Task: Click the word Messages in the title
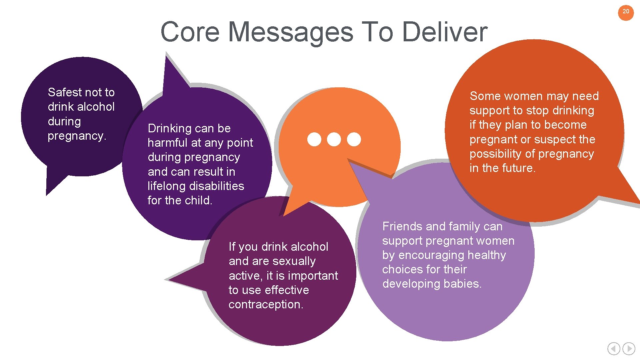tap(290, 32)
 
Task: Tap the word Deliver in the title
tap(445, 32)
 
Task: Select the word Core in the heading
tap(190, 32)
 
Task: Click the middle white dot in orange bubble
tap(334, 139)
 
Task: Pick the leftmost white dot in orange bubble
tap(314, 139)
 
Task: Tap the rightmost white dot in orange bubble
tap(354, 139)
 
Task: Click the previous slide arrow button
tap(614, 349)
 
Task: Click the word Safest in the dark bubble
tap(64, 92)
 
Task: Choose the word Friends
tap(402, 227)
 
